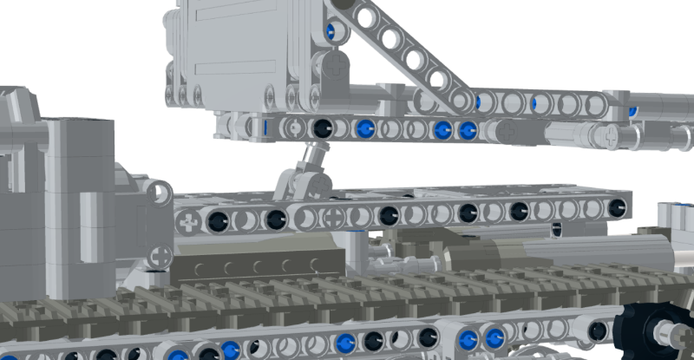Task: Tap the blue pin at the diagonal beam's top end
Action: (x=330, y=33)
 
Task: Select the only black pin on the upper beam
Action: (x=322, y=128)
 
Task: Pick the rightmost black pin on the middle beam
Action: (x=618, y=208)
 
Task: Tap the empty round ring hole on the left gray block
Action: (x=161, y=193)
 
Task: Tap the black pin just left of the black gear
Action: (x=597, y=330)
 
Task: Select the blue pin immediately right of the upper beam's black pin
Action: (x=365, y=129)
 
